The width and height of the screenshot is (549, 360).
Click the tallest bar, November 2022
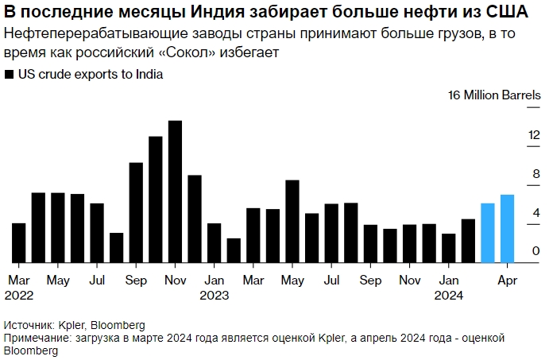(x=176, y=192)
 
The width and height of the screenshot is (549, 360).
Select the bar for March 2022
(x=19, y=242)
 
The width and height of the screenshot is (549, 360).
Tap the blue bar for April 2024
(x=507, y=228)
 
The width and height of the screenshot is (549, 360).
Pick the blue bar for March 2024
(x=488, y=233)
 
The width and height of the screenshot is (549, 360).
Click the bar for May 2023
(x=292, y=221)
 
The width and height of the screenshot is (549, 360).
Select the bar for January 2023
(x=215, y=242)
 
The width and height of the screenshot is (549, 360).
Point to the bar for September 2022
(x=136, y=212)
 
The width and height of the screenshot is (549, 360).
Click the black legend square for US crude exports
(x=9, y=75)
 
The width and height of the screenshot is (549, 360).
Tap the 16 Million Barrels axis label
(x=494, y=95)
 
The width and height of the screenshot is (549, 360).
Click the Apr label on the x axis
(x=507, y=280)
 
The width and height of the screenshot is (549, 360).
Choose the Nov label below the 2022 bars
(x=175, y=280)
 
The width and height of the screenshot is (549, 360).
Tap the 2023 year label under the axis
(x=215, y=295)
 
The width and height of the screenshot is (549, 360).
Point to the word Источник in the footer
(x=28, y=325)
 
